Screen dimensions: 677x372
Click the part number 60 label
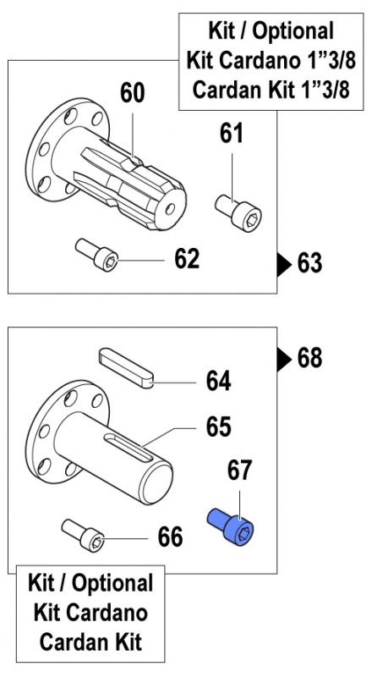132,93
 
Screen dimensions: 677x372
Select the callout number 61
231,133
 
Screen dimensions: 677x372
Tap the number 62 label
186,258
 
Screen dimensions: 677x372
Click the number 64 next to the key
218,382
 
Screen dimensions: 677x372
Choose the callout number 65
218,427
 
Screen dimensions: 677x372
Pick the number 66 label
171,536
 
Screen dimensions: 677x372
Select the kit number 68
310,358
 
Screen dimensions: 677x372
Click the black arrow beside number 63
285,264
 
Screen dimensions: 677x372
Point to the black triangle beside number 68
285,359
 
